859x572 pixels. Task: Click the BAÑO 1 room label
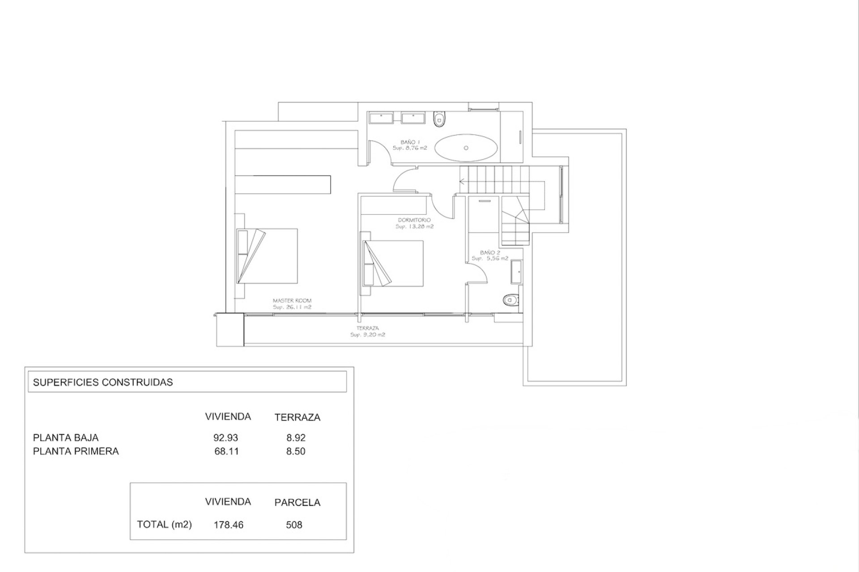tap(410, 142)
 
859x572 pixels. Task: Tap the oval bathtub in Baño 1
tap(466, 147)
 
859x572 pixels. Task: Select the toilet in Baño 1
tap(440, 119)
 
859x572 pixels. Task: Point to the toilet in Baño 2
tap(510, 300)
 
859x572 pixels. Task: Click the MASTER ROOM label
tap(292, 301)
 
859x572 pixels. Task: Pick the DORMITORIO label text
tap(414, 220)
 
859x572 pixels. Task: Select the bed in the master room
tap(267, 256)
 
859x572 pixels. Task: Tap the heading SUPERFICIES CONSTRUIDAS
tap(103, 382)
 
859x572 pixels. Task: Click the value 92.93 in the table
tap(226, 437)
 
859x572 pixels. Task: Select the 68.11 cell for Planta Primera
tap(227, 451)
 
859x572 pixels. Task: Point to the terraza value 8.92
tap(296, 437)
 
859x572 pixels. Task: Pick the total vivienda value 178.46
tap(229, 525)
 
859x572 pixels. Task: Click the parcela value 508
tap(294, 525)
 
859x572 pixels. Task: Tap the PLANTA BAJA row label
tap(66, 437)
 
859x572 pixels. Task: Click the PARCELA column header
tap(298, 502)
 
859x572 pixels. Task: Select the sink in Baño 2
tap(516, 272)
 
